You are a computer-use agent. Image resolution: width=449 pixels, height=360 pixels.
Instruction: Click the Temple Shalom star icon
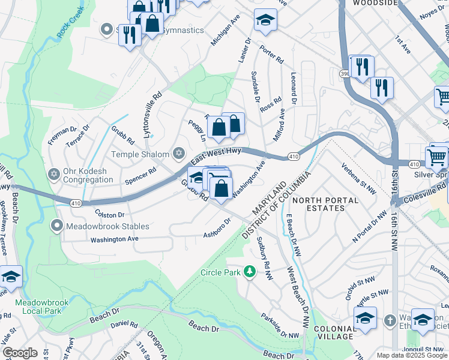[178, 154]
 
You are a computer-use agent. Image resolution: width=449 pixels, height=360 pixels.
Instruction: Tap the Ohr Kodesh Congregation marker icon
[53, 174]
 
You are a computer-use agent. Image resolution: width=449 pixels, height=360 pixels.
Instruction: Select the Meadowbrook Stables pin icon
[57, 226]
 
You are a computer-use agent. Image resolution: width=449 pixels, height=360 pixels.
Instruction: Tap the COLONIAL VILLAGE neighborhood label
[334, 332]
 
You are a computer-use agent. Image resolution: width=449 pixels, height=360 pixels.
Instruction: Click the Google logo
[20, 353]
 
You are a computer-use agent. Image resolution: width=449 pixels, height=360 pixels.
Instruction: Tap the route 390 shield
[345, 73]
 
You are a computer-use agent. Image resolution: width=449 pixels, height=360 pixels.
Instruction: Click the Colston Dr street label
[109, 214]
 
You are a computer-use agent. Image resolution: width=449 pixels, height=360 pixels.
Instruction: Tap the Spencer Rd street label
[140, 175]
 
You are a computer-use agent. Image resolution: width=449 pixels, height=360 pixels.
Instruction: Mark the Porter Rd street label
[271, 53]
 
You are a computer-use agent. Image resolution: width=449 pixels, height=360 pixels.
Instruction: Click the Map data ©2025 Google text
[412, 355]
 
